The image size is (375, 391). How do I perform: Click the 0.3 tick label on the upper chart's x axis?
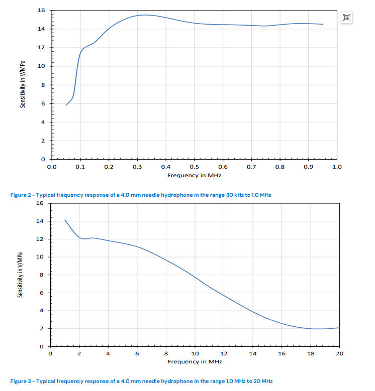tap(137, 167)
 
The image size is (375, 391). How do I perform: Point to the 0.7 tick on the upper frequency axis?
tap(251, 167)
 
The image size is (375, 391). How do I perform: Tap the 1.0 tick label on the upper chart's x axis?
tap(337, 167)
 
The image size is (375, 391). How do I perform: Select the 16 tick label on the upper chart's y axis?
tap(42, 11)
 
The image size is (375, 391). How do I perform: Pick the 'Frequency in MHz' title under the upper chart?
tap(194, 176)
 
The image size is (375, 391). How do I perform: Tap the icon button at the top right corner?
tap(347, 18)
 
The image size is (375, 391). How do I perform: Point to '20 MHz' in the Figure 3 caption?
tap(263, 381)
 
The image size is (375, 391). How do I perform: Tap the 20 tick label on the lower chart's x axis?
tap(339, 354)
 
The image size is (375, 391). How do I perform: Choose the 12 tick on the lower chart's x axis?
tap(224, 354)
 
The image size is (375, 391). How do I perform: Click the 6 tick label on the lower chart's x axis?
tap(137, 354)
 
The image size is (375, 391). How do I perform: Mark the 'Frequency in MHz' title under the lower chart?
tap(194, 361)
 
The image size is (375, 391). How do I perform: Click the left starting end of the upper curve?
tap(66, 105)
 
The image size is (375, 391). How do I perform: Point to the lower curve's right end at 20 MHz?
tap(339, 328)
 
